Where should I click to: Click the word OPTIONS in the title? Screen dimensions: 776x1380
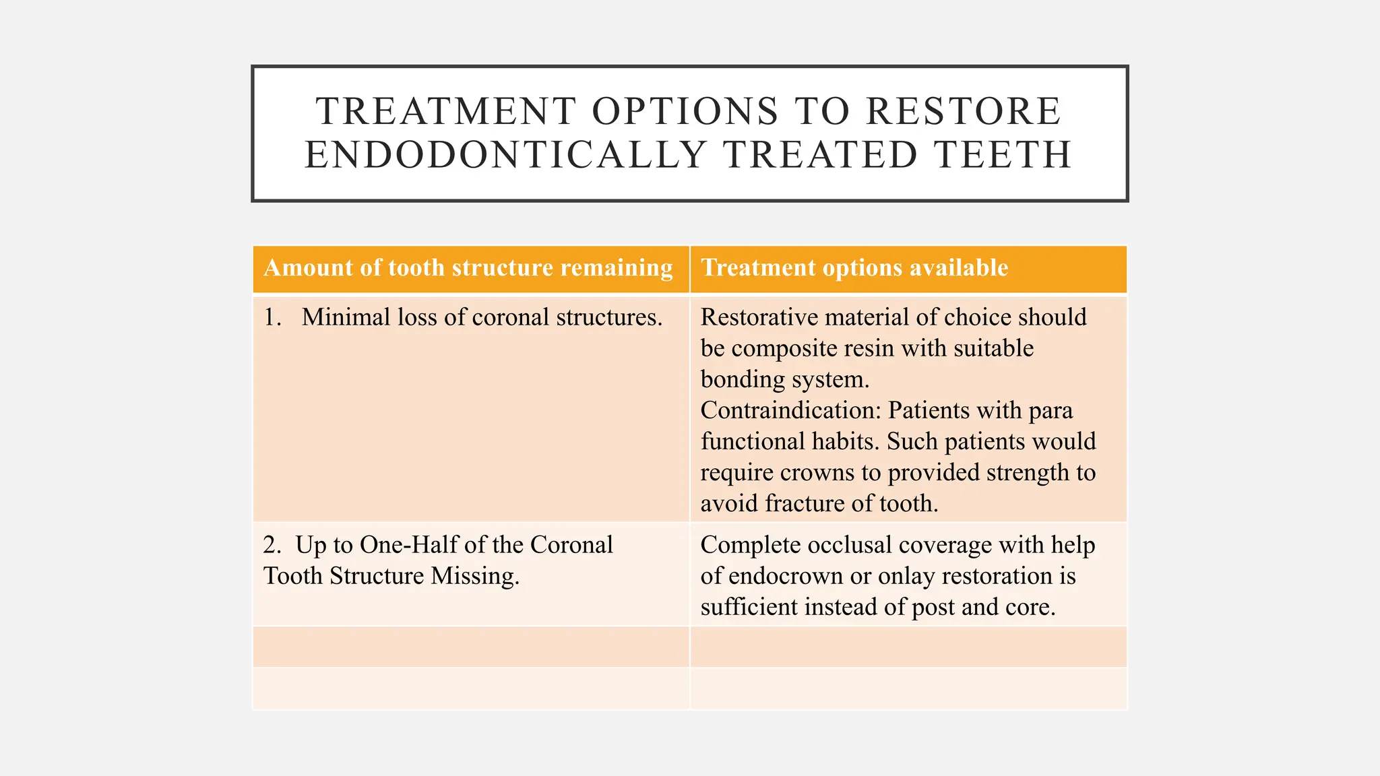tap(685, 111)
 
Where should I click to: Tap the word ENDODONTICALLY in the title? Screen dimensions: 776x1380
tap(505, 155)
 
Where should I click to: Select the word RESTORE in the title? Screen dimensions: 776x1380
tap(964, 111)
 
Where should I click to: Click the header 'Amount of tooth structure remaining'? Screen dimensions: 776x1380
tap(468, 268)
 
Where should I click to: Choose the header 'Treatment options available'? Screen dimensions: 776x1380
tap(854, 268)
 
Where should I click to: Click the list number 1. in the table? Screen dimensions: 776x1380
tap(272, 317)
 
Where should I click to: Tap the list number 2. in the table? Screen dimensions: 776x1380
tap(272, 545)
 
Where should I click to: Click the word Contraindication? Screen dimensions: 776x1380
tap(790, 410)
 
